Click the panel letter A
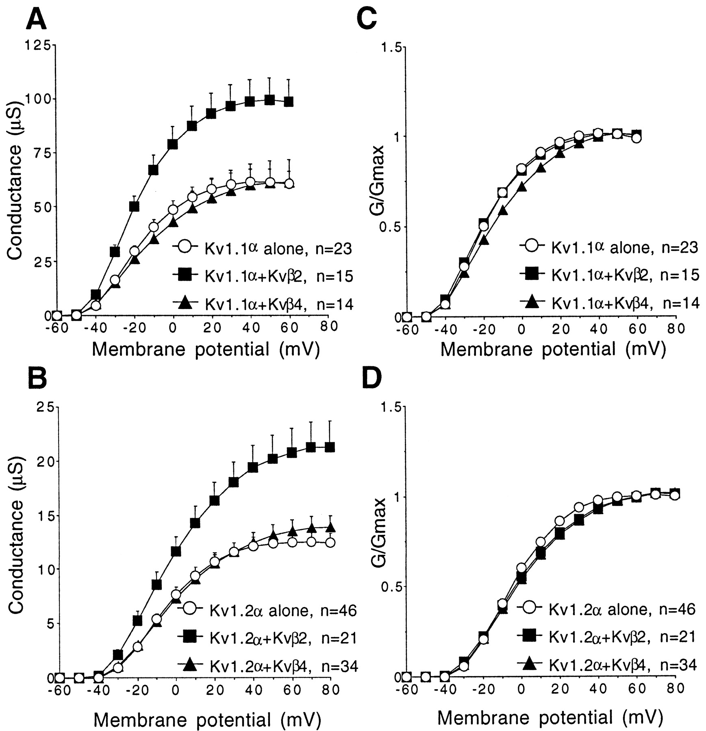37,19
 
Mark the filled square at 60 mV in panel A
289,101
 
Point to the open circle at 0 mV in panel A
173,210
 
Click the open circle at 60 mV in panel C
636,138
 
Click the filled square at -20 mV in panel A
135,206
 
